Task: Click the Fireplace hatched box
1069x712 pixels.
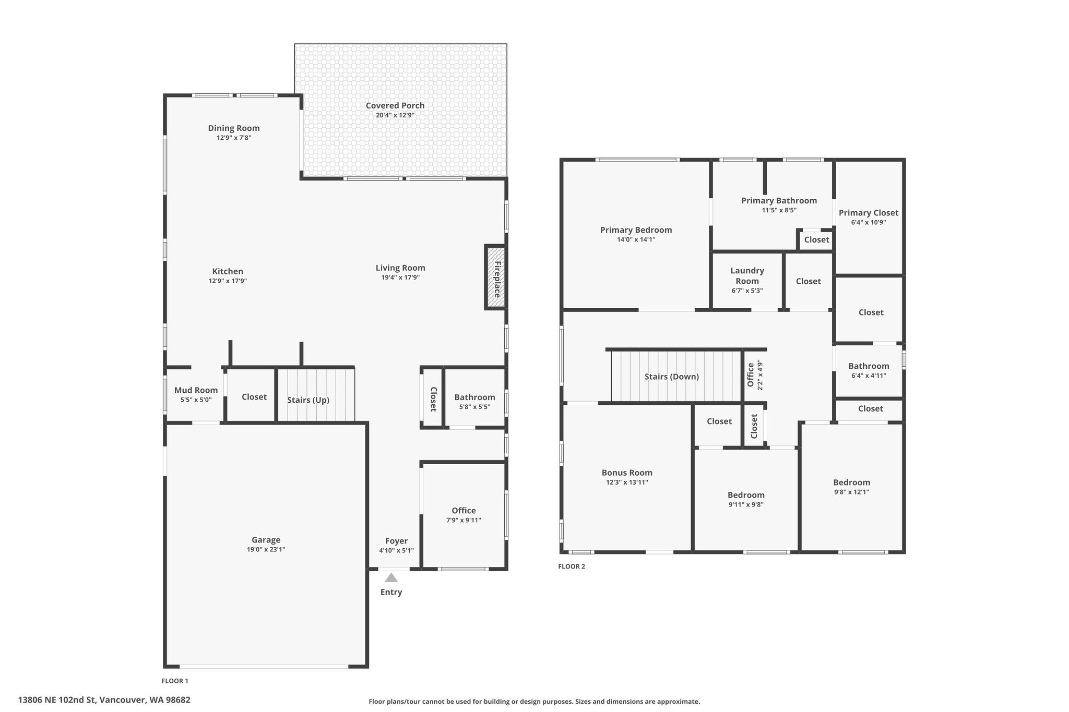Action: (494, 277)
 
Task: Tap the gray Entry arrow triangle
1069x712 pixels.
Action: (391, 577)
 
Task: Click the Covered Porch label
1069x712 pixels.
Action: (395, 105)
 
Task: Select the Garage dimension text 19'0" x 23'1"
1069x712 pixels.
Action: (266, 549)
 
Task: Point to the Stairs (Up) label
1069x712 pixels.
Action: (308, 400)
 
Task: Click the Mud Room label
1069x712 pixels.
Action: (196, 390)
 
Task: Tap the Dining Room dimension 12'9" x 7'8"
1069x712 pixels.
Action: (234, 138)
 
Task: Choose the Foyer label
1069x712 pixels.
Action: (396, 541)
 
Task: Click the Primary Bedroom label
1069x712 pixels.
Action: (636, 230)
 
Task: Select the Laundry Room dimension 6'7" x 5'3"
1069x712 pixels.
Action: (747, 291)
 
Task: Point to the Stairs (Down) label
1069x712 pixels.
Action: (671, 377)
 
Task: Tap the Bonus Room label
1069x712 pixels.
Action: (627, 473)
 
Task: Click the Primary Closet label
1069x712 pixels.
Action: (869, 213)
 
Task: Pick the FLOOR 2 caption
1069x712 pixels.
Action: (572, 566)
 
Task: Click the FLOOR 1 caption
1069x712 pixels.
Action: (175, 681)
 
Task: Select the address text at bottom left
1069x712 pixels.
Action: (104, 700)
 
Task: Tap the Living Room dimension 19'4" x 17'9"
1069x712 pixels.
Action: (400, 277)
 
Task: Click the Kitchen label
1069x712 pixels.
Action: (228, 271)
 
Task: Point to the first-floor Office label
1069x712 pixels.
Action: (464, 511)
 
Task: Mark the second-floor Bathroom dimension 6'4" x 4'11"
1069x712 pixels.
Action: (869, 376)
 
